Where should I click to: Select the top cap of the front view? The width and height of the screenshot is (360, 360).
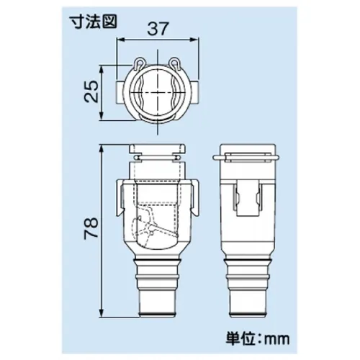point(156,153)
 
